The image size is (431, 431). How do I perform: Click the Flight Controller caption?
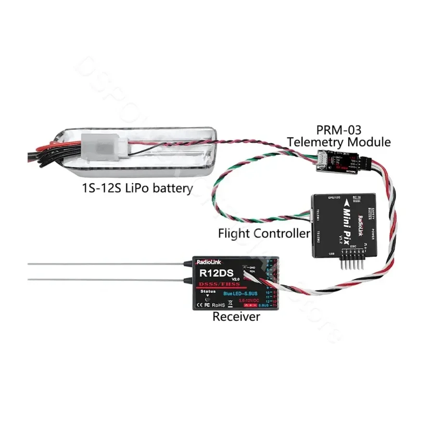(264, 234)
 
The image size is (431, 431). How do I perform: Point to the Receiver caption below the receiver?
(236, 317)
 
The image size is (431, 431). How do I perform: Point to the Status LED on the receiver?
(208, 297)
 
